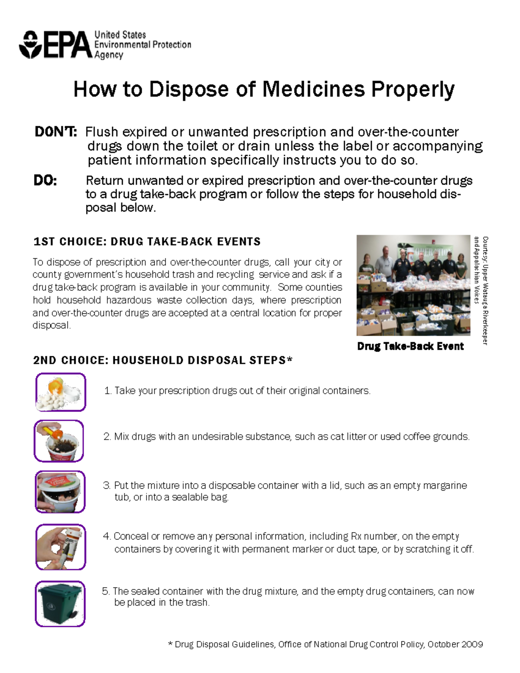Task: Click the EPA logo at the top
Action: coord(55,45)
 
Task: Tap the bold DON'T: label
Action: coord(55,132)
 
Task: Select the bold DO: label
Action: coord(45,180)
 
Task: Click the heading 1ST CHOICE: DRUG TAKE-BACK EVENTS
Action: coord(147,242)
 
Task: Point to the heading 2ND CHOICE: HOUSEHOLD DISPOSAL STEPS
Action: coord(162,361)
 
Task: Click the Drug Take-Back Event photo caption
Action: coord(410,346)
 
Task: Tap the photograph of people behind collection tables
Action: coord(413,285)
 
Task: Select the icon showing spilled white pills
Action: coord(60,392)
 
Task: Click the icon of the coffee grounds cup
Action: coord(59,441)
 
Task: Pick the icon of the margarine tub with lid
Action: coord(60,492)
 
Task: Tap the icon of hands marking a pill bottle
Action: coord(61,547)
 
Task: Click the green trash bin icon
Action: coord(60,604)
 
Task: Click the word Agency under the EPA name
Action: coord(109,55)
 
